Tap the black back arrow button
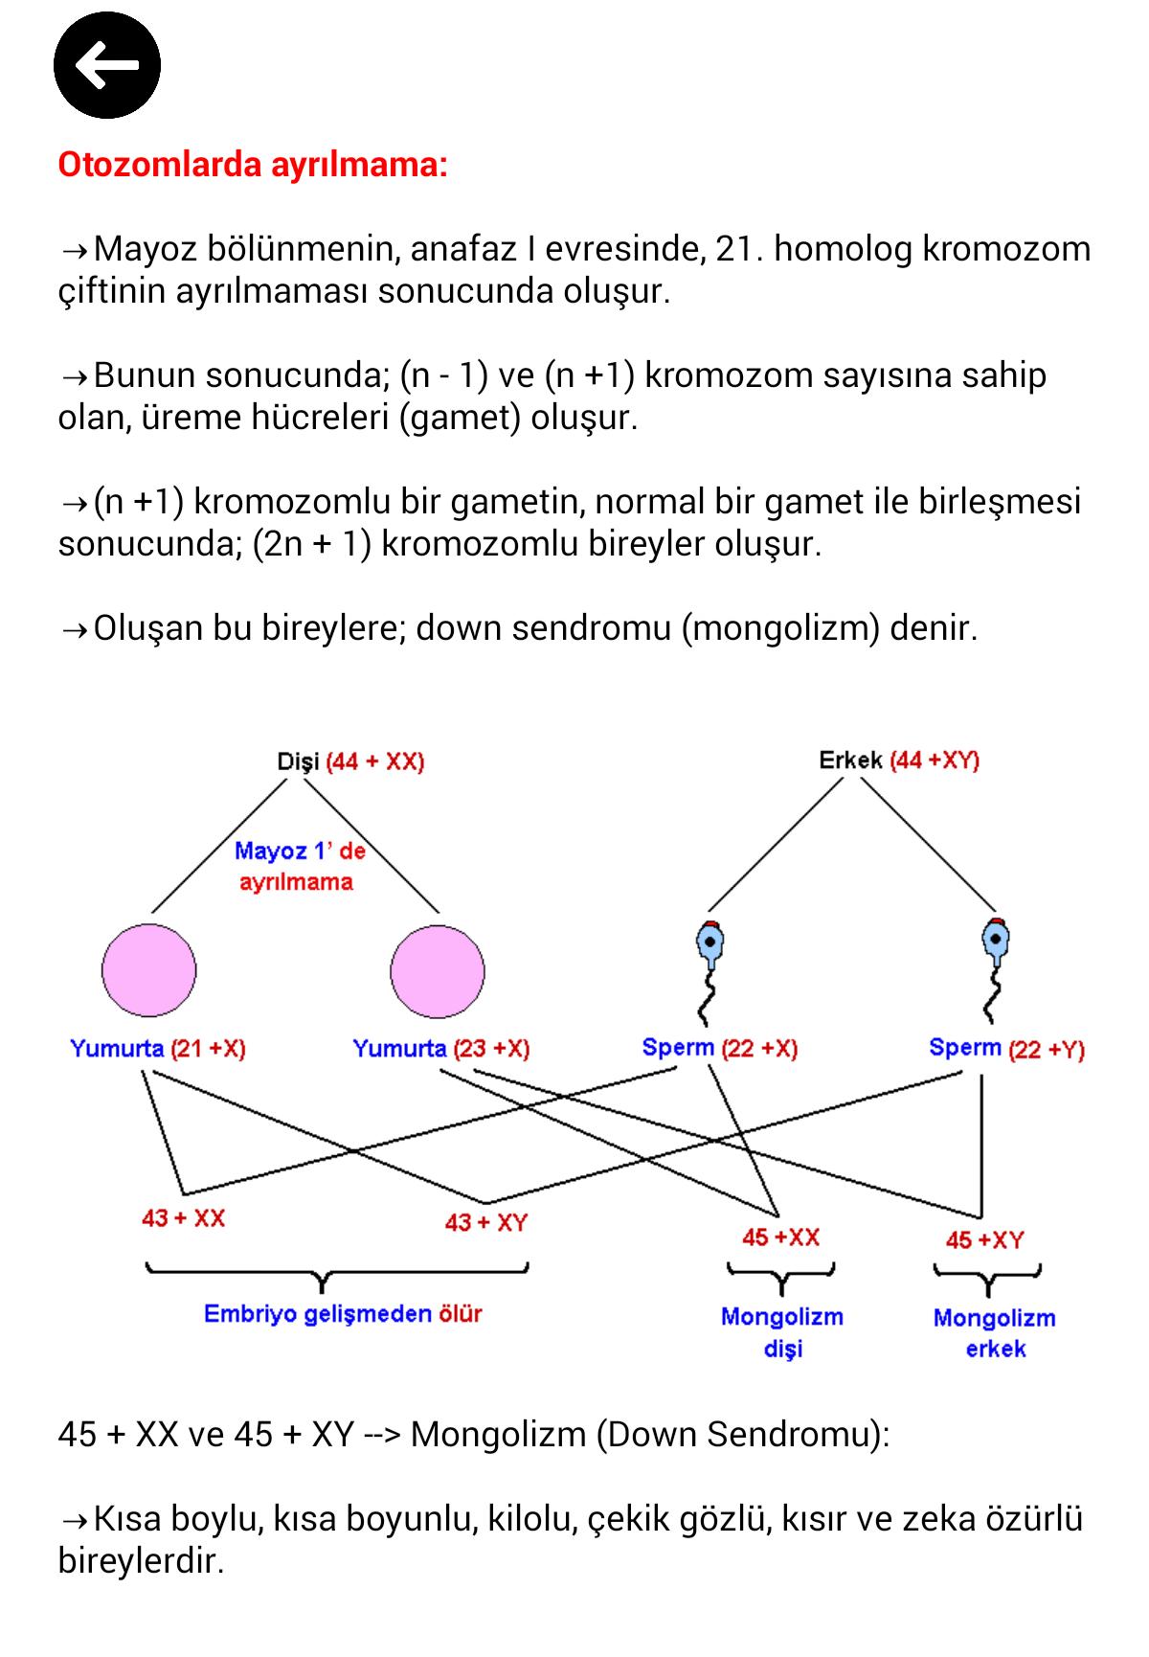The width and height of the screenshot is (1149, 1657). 107,65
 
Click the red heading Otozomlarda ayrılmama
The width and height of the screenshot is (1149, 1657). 253,165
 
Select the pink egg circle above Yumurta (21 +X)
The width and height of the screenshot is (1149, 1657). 149,970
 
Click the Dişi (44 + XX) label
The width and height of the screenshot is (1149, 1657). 350,761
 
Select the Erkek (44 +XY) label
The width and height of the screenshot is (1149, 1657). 899,760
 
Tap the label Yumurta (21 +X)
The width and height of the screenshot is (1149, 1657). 158,1049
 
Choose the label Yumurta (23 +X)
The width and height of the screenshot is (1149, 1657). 441,1049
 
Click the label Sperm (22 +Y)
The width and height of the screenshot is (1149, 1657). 1006,1049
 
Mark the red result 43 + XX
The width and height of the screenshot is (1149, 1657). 183,1218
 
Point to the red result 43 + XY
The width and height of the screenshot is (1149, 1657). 486,1222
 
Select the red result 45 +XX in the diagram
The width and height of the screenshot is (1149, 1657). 781,1237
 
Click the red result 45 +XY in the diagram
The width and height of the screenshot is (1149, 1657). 985,1240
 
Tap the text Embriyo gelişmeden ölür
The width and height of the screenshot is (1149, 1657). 343,1314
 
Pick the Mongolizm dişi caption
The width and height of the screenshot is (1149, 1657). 782,1332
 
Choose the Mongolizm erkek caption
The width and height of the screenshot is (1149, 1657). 995,1333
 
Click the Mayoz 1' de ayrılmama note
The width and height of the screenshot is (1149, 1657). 300,866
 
